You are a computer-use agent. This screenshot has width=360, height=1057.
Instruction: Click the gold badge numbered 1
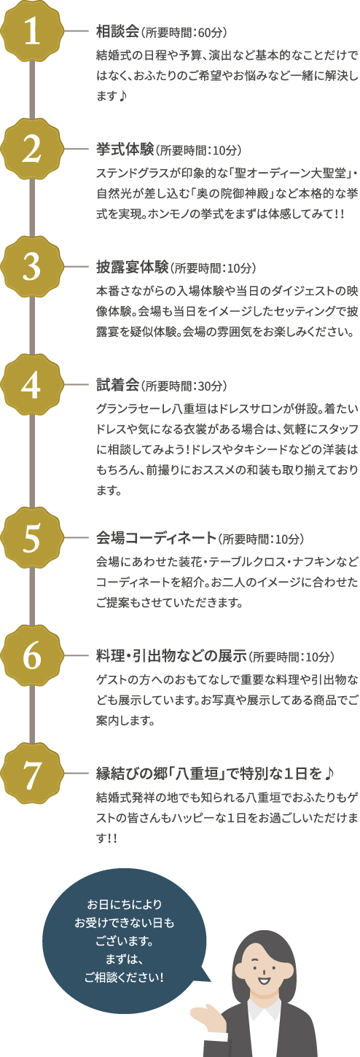(31, 31)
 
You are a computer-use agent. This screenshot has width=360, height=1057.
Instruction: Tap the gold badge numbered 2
(31, 149)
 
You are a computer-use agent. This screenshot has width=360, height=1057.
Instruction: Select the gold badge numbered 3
(31, 267)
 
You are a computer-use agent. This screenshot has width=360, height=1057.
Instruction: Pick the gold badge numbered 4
(31, 385)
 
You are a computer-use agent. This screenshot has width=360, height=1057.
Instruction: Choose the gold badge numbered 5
(31, 538)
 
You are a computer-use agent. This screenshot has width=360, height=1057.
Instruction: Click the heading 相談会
(117, 31)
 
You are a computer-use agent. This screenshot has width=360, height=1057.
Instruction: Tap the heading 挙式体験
(125, 149)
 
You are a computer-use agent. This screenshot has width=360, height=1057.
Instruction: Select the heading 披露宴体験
(132, 268)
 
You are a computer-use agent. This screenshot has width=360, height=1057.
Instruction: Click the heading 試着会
(117, 386)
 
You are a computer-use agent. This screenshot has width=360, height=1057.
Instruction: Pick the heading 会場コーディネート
(156, 538)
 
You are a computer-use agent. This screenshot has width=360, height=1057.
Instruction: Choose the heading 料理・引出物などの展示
(171, 656)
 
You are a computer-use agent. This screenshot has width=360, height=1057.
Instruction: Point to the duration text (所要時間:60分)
(184, 33)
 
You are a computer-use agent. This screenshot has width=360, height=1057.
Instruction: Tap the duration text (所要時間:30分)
(184, 386)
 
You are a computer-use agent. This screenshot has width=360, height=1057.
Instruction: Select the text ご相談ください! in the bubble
(124, 978)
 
